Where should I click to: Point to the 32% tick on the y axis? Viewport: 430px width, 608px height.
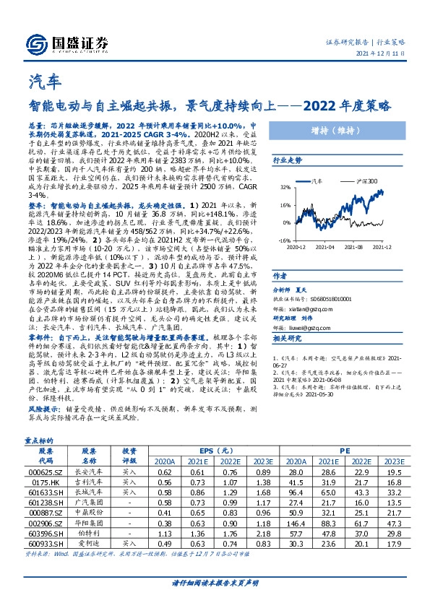pos(286,186)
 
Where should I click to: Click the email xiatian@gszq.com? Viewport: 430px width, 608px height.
pos(314,306)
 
